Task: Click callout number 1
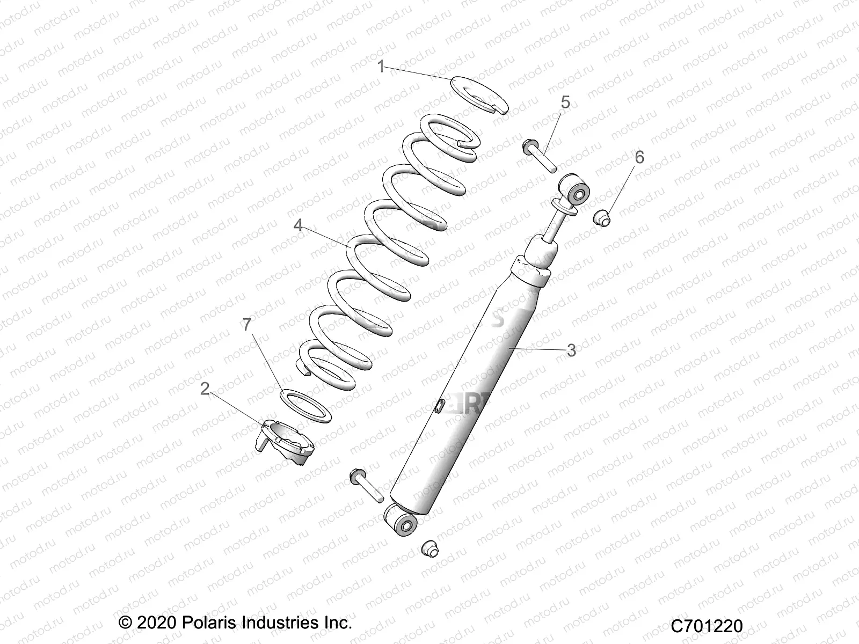(381, 67)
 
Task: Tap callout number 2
(205, 389)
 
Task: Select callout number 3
(571, 350)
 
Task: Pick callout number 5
(566, 102)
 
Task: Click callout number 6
(639, 157)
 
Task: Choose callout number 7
(246, 325)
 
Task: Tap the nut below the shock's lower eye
(428, 549)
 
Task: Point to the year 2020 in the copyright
(156, 623)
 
